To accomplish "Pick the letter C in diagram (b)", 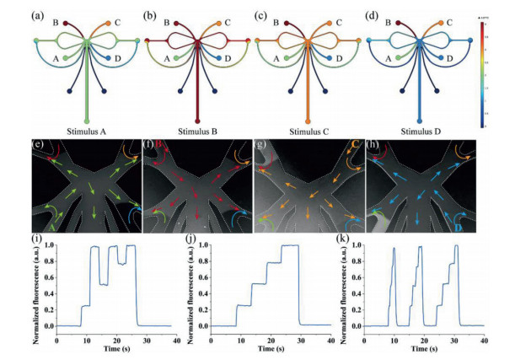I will click(230, 22).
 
